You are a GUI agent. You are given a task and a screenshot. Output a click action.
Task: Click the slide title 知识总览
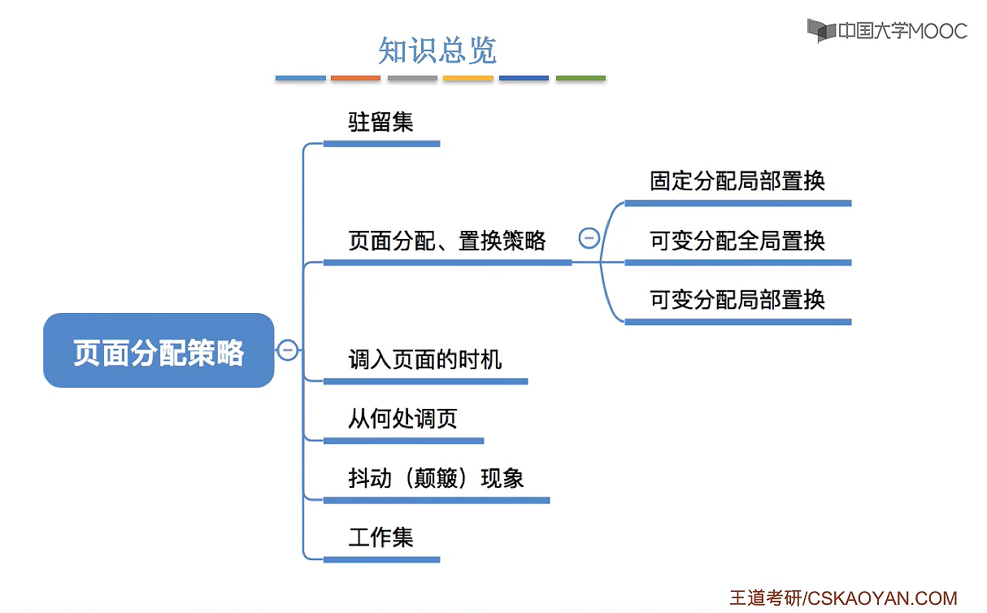pyautogui.click(x=437, y=50)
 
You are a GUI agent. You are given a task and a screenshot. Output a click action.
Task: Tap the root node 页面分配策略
pyautogui.click(x=159, y=351)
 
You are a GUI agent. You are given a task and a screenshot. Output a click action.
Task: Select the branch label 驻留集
pyautogui.click(x=380, y=122)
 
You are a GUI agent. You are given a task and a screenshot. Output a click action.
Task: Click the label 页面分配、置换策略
pyautogui.click(x=447, y=241)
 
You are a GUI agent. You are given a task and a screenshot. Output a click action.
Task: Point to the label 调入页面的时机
pyautogui.click(x=424, y=359)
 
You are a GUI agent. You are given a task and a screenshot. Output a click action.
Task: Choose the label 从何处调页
pyautogui.click(x=402, y=419)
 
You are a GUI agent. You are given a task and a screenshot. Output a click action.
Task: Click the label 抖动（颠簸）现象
pyautogui.click(x=436, y=478)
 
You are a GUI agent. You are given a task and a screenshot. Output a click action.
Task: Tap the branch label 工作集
pyautogui.click(x=380, y=537)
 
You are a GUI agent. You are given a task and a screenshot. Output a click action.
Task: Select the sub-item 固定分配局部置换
pyautogui.click(x=737, y=180)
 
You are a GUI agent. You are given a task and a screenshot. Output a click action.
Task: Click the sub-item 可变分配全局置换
pyautogui.click(x=737, y=241)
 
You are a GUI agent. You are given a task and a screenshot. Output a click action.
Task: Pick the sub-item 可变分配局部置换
pyautogui.click(x=737, y=299)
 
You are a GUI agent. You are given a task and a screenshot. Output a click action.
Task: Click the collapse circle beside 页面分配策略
pyautogui.click(x=287, y=350)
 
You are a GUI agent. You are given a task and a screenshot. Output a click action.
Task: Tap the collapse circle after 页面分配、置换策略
pyautogui.click(x=589, y=238)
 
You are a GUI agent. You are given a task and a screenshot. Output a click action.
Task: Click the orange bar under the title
pyautogui.click(x=355, y=78)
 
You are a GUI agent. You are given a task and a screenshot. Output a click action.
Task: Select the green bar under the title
pyautogui.click(x=580, y=78)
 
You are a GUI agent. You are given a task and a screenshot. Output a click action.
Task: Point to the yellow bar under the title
pyautogui.click(x=467, y=78)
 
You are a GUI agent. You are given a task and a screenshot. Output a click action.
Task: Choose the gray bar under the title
pyautogui.click(x=412, y=78)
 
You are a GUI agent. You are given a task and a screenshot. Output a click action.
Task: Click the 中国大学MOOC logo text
pyautogui.click(x=902, y=31)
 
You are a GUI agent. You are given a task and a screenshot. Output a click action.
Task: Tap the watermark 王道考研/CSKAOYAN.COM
pyautogui.click(x=842, y=598)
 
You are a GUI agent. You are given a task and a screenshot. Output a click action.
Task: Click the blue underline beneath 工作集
pyautogui.click(x=381, y=559)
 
